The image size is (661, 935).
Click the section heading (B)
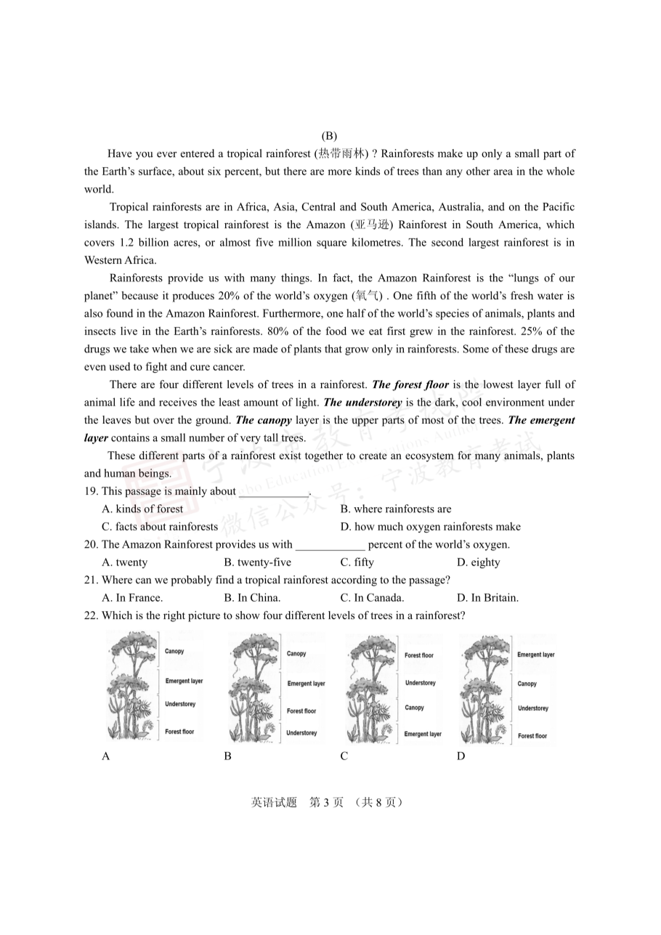pos(329,136)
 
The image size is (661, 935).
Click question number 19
pos(92,492)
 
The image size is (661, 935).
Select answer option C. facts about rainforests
pos(160,527)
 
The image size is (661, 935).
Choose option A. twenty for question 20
pos(125,562)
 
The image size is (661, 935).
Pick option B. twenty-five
pos(257,562)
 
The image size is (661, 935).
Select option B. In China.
pos(252,598)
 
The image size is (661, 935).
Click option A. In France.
pos(132,598)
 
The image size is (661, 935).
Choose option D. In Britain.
pos(487,598)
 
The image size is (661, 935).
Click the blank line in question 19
pos(273,494)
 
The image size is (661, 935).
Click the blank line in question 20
pos(330,547)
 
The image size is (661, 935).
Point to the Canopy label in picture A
pos(174,652)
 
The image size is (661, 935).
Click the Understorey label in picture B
pos(301,733)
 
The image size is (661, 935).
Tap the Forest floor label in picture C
pos(419,656)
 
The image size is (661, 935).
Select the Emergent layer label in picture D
pos(536,655)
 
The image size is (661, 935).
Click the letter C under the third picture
pos(344,756)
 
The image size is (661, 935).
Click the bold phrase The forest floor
pos(410,385)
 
